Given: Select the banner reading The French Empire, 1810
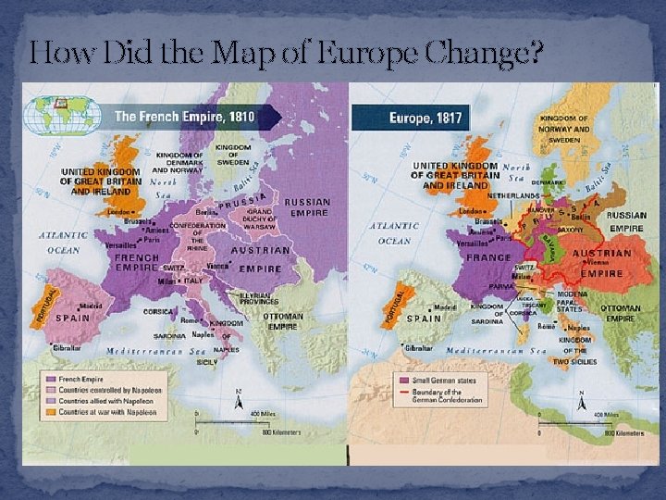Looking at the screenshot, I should coord(190,118).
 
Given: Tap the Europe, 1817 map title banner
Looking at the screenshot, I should coord(416,118).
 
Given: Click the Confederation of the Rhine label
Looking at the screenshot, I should coord(197,235).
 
